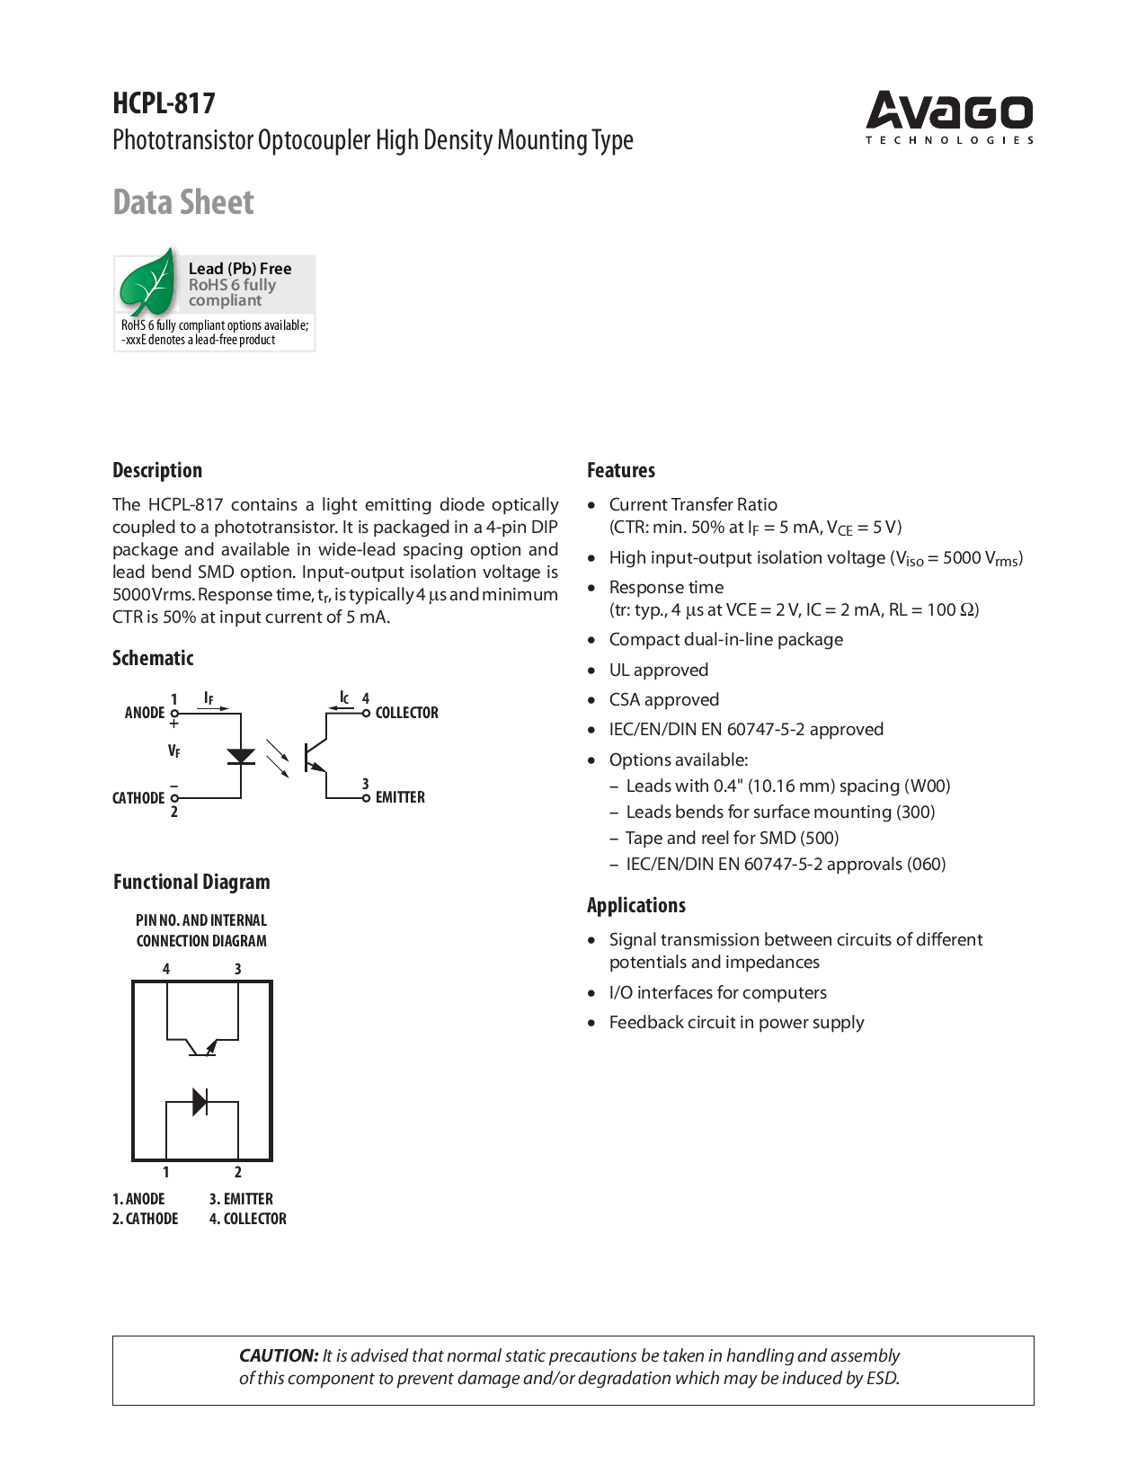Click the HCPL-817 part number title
point(164,103)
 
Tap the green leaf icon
point(148,283)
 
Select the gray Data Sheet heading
point(183,202)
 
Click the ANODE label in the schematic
point(145,713)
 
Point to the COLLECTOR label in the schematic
point(406,713)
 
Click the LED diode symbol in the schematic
point(241,757)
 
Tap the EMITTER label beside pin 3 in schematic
point(400,797)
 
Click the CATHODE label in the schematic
point(138,798)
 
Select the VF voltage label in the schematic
point(174,750)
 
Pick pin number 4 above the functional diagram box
point(166,969)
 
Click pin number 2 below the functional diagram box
point(238,1172)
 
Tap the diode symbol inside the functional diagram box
point(201,1101)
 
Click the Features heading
point(621,470)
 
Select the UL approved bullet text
point(659,670)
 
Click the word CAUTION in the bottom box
point(279,1355)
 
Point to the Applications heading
point(636,905)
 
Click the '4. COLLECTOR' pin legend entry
point(248,1219)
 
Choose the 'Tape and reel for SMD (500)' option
point(732,838)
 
